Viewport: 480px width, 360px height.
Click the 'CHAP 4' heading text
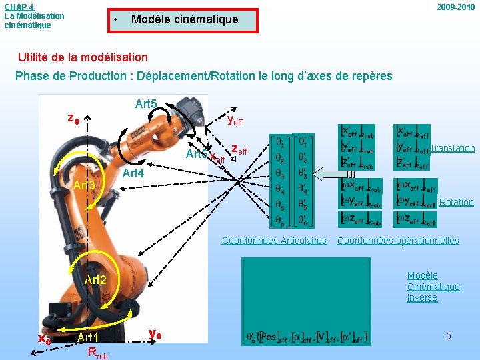[x=19, y=7]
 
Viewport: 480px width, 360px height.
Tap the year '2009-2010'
[x=456, y=7]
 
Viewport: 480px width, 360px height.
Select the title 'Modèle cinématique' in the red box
[x=185, y=19]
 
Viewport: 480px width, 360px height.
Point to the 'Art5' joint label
[x=146, y=104]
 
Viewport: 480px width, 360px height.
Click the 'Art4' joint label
[x=134, y=173]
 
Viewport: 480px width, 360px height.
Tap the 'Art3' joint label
[x=85, y=185]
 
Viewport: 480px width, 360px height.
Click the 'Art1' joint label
[x=88, y=338]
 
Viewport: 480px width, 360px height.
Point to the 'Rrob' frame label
[x=97, y=353]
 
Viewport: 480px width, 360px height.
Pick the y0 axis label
[x=154, y=333]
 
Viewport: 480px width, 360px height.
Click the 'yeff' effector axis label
[x=235, y=121]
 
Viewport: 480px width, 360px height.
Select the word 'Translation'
[x=453, y=148]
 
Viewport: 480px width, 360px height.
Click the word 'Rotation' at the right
[x=457, y=202]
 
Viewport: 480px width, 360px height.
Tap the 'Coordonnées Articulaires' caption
[x=274, y=241]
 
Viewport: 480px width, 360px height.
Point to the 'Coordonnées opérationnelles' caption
[x=398, y=241]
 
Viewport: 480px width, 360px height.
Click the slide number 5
[x=449, y=336]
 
